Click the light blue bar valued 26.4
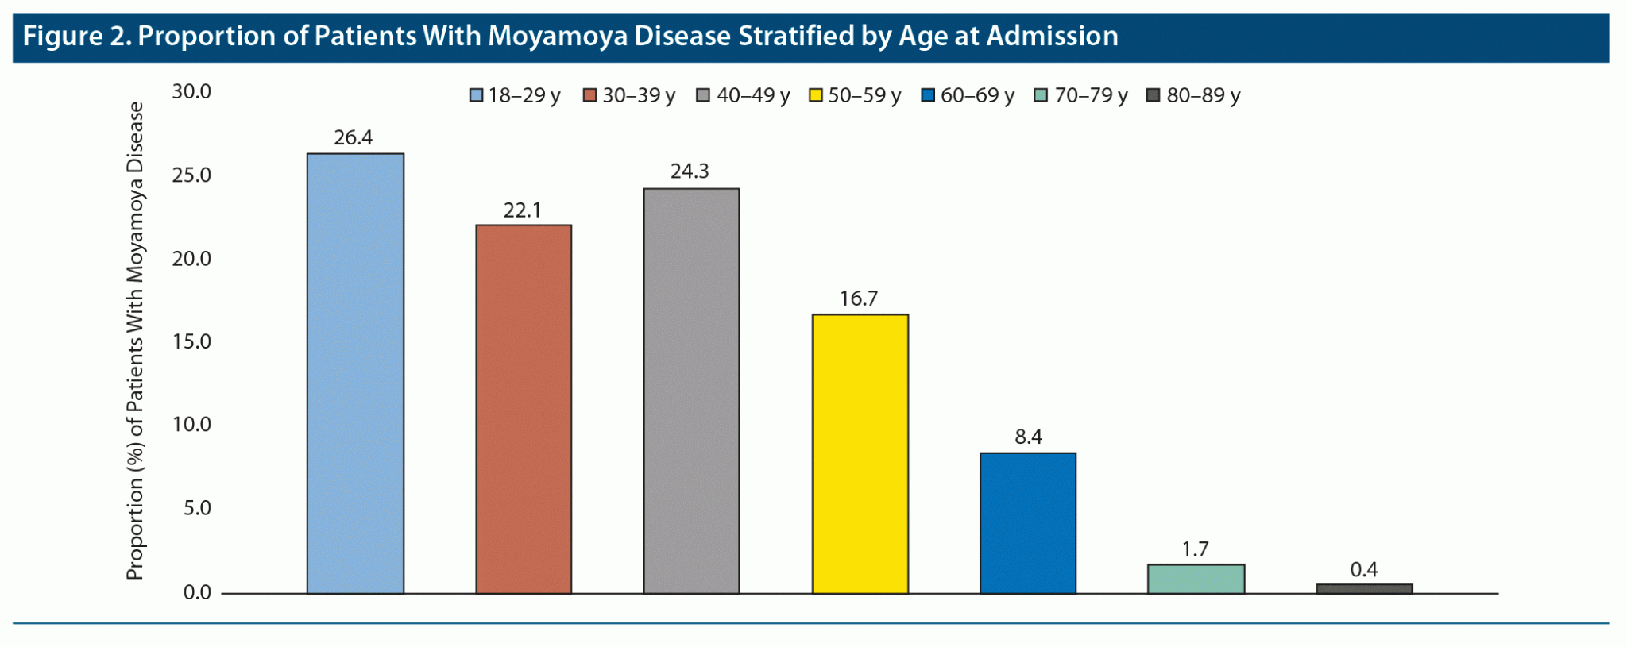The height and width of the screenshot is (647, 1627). pyautogui.click(x=355, y=373)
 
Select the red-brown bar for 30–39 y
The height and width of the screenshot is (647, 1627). pyautogui.click(x=524, y=409)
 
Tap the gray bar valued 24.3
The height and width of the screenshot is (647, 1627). pyautogui.click(x=691, y=391)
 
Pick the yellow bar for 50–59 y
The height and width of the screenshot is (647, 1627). pyautogui.click(x=860, y=453)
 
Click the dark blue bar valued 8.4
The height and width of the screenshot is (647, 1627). pyautogui.click(x=1028, y=522)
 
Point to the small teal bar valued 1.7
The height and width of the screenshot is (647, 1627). pyautogui.click(x=1196, y=579)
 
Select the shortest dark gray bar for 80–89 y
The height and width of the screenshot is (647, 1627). pyautogui.click(x=1364, y=588)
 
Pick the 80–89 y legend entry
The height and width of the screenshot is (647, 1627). pyautogui.click(x=1193, y=96)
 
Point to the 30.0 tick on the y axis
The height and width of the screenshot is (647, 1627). pyautogui.click(x=191, y=92)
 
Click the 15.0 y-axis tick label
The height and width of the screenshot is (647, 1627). pyautogui.click(x=191, y=342)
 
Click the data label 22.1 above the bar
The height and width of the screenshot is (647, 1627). pyautogui.click(x=522, y=210)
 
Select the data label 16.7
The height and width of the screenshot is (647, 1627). pyautogui.click(x=859, y=299)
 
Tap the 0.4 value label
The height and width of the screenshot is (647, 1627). pyautogui.click(x=1363, y=570)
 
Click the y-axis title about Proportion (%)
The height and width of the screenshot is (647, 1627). pyautogui.click(x=135, y=341)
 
